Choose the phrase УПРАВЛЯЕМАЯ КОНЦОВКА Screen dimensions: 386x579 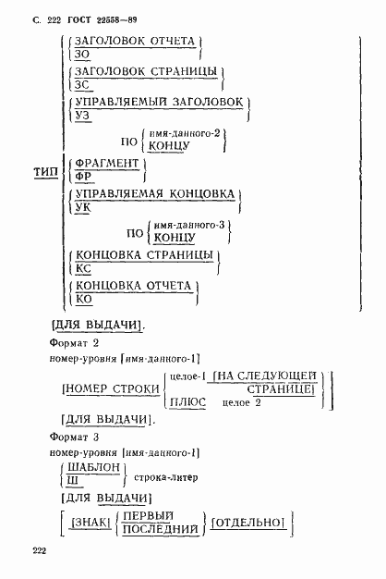151,195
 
